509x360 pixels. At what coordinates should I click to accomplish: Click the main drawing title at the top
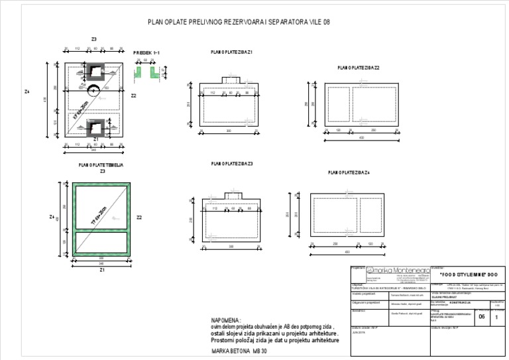pyautogui.click(x=239, y=22)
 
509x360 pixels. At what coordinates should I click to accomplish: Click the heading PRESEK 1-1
pyautogui.click(x=146, y=52)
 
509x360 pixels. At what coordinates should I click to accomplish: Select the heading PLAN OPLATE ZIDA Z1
pyautogui.click(x=231, y=52)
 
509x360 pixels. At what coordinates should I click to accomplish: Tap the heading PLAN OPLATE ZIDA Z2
pyautogui.click(x=358, y=68)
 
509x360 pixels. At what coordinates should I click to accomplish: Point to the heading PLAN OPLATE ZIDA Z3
pyautogui.click(x=232, y=163)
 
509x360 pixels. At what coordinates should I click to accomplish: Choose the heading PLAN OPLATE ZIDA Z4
pyautogui.click(x=349, y=172)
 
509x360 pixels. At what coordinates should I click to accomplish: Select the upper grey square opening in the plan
pyautogui.click(x=97, y=70)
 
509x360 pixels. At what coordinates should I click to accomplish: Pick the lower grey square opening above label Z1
pyautogui.click(x=97, y=124)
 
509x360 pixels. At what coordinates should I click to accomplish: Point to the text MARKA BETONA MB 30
pyautogui.click(x=239, y=349)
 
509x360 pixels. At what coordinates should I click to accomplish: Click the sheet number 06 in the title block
pyautogui.click(x=482, y=317)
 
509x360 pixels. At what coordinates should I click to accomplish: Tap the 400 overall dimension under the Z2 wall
pyautogui.click(x=361, y=138)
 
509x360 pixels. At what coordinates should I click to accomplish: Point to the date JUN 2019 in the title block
pyautogui.click(x=359, y=333)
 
